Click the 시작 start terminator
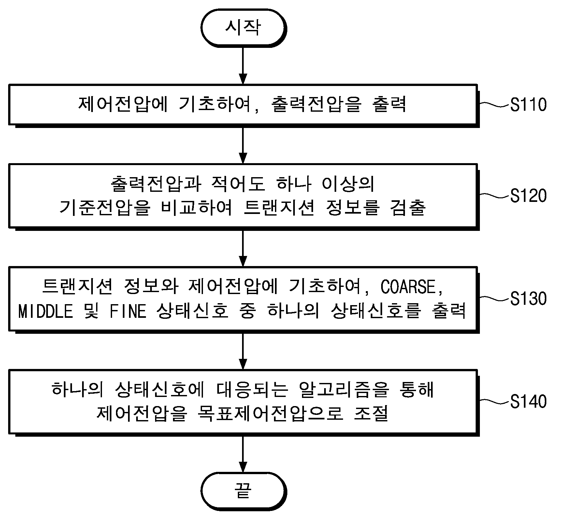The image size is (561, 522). click(244, 28)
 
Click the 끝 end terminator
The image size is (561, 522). click(244, 492)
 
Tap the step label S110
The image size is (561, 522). click(528, 105)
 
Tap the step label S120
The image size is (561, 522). click(528, 196)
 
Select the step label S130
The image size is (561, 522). click(528, 299)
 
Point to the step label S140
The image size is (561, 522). click(528, 401)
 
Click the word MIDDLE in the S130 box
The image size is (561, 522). click(46, 311)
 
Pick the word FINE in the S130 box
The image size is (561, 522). click(128, 311)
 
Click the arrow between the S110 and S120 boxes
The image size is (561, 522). click(243, 145)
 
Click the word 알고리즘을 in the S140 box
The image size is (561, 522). click(343, 389)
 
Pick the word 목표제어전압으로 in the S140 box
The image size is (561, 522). click(270, 414)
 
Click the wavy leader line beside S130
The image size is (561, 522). click(495, 298)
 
